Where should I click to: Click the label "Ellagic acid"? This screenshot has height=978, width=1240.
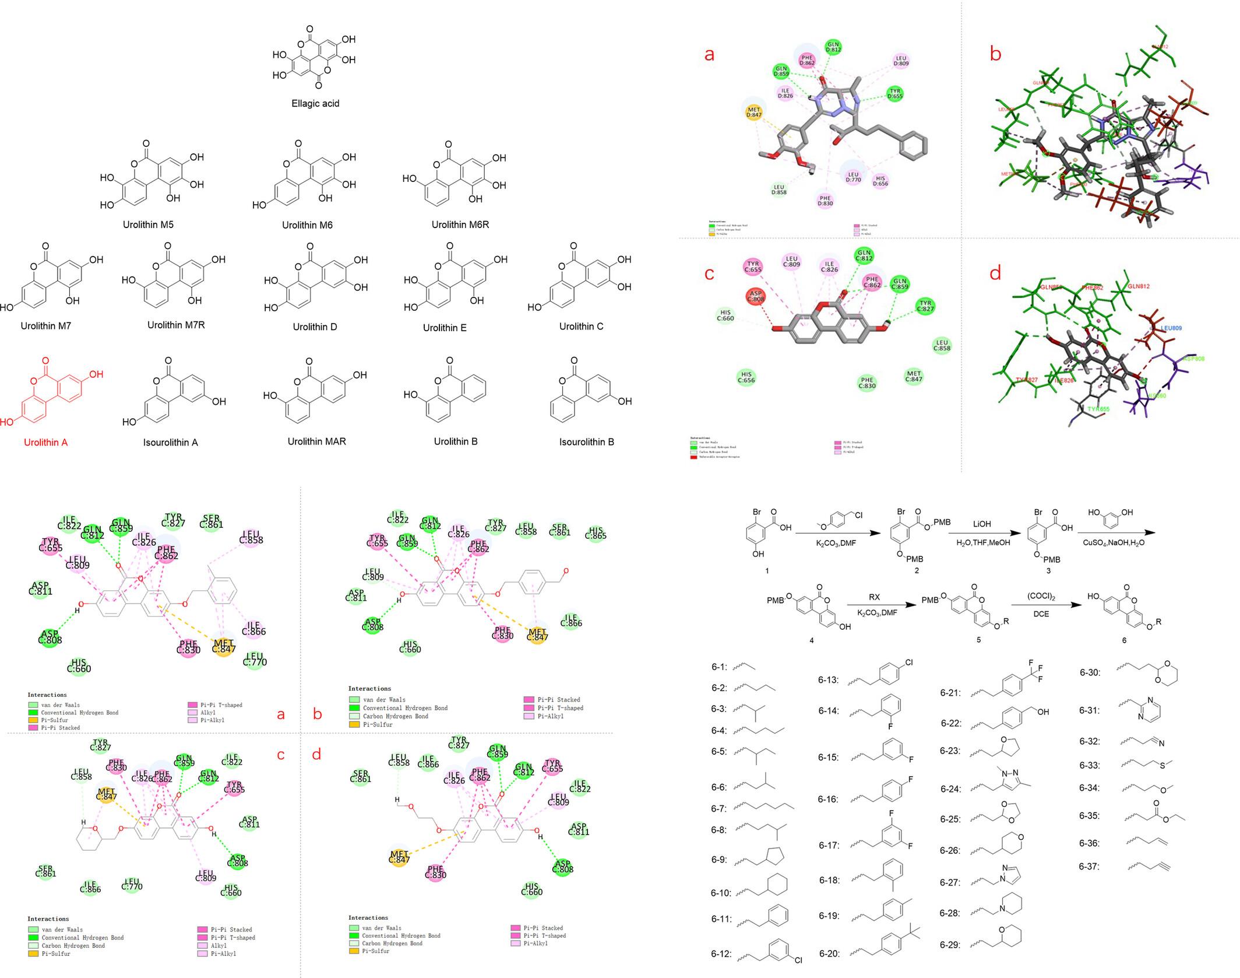[x=315, y=103]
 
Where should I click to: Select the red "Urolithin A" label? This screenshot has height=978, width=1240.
[x=45, y=442]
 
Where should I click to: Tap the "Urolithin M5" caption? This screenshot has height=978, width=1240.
[x=148, y=225]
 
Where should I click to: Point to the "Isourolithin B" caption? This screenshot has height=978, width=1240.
[x=586, y=441]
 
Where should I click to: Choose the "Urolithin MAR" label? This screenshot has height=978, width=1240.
[x=316, y=441]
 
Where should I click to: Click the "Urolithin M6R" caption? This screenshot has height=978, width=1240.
[x=460, y=225]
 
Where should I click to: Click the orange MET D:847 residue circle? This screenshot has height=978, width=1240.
[x=753, y=112]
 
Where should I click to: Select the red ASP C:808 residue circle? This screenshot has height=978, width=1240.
[x=756, y=296]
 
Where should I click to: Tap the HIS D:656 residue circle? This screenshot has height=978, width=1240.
[x=880, y=181]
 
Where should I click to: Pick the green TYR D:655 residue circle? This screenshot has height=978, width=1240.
[x=895, y=93]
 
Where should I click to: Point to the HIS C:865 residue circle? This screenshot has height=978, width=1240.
[x=596, y=532]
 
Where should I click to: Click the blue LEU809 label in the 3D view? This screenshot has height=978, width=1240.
[x=1171, y=328]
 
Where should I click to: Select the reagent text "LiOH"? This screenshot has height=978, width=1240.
[x=981, y=524]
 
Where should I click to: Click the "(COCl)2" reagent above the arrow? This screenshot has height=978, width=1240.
[x=1041, y=597]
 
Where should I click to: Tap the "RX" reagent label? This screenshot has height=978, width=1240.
[x=874, y=597]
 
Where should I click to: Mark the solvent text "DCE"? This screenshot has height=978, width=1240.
[x=1041, y=614]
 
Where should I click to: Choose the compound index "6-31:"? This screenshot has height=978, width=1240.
[x=1089, y=710]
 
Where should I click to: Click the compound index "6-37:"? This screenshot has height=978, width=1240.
[x=1089, y=867]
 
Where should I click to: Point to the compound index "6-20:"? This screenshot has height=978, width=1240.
[x=829, y=954]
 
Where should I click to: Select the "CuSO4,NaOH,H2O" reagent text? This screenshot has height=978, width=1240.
[x=1114, y=542]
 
